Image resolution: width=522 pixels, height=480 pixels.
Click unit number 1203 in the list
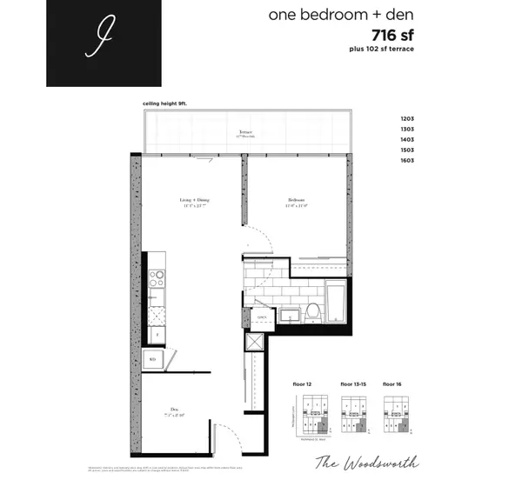click(x=407, y=119)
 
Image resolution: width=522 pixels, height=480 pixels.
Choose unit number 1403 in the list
click(x=407, y=140)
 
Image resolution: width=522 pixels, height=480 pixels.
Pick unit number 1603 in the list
click(x=407, y=161)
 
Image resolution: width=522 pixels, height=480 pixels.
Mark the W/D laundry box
click(x=152, y=358)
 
